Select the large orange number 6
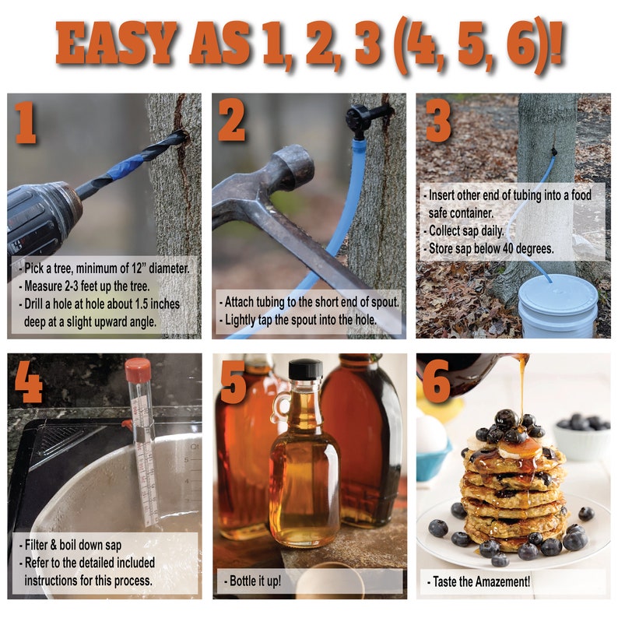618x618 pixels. pos(437,381)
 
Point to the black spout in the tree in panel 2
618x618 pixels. pos(362,119)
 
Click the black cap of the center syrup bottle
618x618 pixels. pos(305,369)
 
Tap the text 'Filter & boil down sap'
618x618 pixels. pos(72,545)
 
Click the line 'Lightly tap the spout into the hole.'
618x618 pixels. pos(300,320)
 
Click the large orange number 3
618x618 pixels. pos(438,122)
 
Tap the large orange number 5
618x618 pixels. pos(233,381)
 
